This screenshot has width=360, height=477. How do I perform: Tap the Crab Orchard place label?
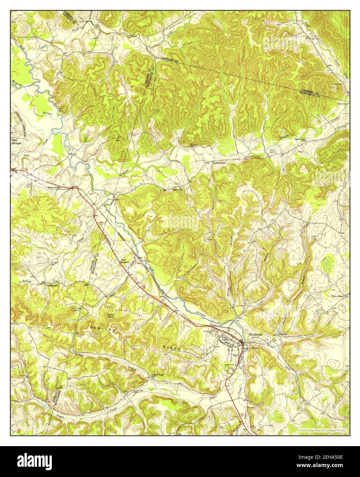[16, 142]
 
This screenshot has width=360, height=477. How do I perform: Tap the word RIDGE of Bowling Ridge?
[171, 348]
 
